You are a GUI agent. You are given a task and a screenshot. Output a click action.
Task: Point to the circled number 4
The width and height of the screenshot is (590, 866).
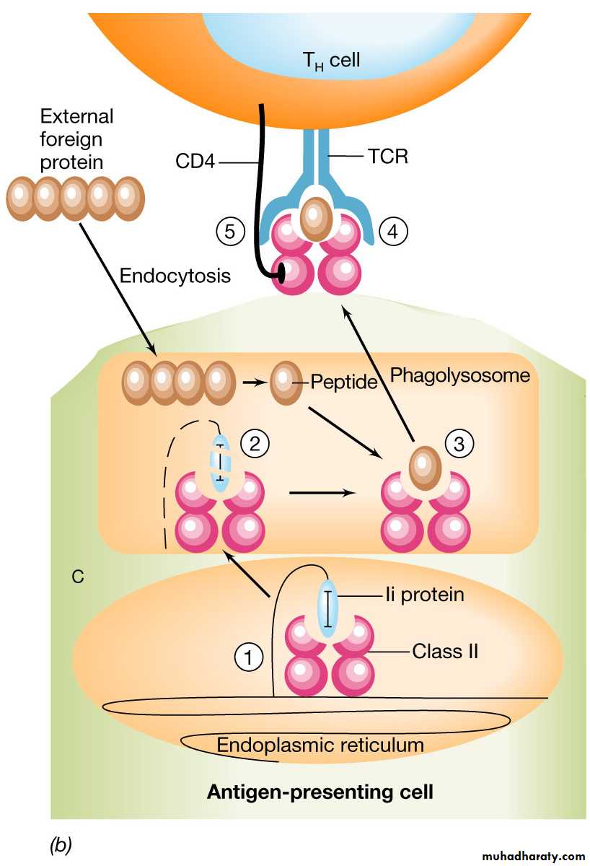coord(393,232)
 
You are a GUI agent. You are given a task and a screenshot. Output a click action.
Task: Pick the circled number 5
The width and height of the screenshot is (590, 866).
coord(230,232)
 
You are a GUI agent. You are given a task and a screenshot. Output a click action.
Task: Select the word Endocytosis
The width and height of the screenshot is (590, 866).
coord(175,276)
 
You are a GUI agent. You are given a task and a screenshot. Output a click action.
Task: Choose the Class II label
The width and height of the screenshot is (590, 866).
coord(445,651)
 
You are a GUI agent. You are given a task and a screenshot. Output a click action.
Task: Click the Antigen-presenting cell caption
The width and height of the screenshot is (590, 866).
coord(320,792)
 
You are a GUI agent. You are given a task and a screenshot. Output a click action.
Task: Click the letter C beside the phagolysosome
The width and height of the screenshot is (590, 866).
coord(76,577)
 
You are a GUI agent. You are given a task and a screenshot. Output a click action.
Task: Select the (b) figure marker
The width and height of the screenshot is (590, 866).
coord(60,842)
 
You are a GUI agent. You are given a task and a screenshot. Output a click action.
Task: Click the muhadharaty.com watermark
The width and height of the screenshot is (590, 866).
coord(525,857)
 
